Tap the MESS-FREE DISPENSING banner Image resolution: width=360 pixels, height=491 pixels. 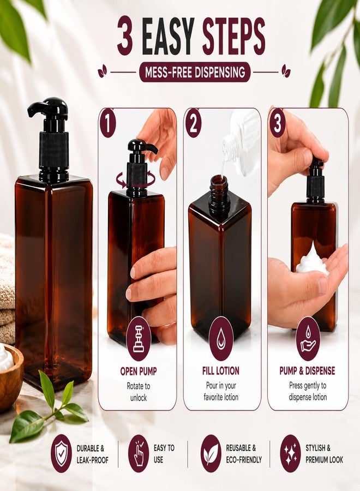pyautogui.click(x=195, y=73)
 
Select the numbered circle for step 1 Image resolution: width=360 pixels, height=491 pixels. pyautogui.click(x=108, y=123)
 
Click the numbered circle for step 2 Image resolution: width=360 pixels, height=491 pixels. pyautogui.click(x=194, y=123)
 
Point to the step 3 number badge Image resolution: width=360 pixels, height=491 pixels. pyautogui.click(x=277, y=123)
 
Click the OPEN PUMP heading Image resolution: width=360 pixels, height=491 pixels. pyautogui.click(x=139, y=372)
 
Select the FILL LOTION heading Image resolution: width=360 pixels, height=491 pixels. pyautogui.click(x=221, y=371)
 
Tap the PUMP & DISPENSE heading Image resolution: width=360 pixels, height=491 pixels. pyautogui.click(x=307, y=371)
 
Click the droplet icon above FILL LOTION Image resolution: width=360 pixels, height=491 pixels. pyautogui.click(x=221, y=338)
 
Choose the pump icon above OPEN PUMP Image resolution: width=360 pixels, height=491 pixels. pyautogui.click(x=139, y=338)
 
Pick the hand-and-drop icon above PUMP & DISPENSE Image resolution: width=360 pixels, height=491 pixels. pyautogui.click(x=308, y=338)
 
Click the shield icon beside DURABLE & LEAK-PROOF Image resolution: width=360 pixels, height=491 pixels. pyautogui.click(x=61, y=453)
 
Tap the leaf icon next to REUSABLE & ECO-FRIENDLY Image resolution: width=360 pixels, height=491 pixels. pyautogui.click(x=211, y=453)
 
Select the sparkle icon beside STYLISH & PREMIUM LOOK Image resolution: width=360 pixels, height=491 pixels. pyautogui.click(x=291, y=453)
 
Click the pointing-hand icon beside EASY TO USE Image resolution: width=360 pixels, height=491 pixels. pyautogui.click(x=139, y=453)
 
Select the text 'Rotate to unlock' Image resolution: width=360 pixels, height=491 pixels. pyautogui.click(x=139, y=392)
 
